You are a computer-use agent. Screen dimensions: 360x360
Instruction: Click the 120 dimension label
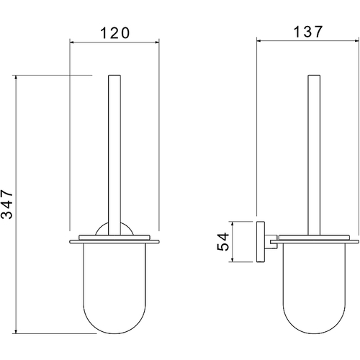114,33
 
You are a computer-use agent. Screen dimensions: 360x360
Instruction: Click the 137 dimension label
308,32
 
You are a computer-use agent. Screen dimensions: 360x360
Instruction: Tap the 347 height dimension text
6,204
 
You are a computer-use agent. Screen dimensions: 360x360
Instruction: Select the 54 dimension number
223,241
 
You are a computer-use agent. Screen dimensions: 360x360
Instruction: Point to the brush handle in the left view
114,155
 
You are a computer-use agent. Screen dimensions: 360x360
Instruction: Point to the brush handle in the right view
314,155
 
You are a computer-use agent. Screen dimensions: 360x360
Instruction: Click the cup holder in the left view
114,289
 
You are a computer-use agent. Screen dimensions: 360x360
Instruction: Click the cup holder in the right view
314,289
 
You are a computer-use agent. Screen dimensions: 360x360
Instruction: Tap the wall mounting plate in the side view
261,242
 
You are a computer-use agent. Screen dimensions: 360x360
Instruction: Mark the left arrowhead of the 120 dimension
71,42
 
